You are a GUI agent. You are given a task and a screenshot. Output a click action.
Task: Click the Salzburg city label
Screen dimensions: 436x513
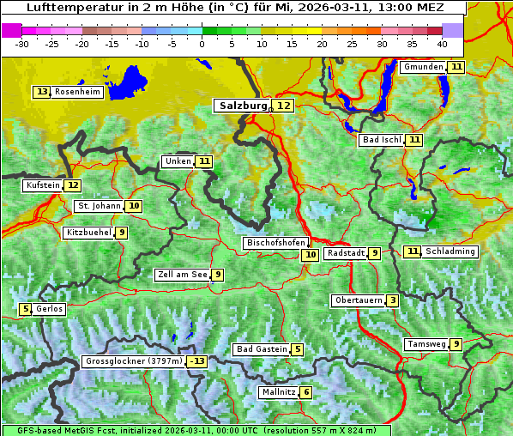(x=240, y=106)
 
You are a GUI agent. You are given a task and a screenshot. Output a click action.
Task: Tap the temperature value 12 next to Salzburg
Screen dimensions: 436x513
(x=283, y=106)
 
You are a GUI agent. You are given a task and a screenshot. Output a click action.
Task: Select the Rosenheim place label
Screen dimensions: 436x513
(x=77, y=92)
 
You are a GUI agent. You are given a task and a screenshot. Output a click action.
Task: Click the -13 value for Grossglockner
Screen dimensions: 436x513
(x=197, y=361)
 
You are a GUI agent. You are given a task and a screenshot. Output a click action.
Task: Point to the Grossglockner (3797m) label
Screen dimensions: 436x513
(x=134, y=361)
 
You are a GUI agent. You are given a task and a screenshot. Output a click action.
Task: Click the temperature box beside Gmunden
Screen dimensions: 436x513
(x=456, y=67)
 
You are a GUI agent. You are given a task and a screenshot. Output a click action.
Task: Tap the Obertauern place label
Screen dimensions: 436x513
(x=358, y=300)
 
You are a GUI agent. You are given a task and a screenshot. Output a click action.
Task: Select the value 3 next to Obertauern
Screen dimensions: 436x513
(x=392, y=300)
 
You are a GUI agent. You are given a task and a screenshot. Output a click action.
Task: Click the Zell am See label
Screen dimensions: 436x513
(x=183, y=275)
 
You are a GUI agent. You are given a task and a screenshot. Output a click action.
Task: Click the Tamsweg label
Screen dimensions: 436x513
(x=426, y=344)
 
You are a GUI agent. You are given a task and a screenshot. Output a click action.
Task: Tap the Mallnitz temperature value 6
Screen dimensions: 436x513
(x=306, y=392)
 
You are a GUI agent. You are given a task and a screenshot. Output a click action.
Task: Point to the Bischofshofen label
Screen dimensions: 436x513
(x=275, y=243)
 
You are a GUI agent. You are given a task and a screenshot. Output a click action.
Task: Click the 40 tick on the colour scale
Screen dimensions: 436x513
(x=442, y=43)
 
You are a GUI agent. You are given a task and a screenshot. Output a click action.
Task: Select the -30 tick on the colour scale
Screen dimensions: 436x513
(x=22, y=43)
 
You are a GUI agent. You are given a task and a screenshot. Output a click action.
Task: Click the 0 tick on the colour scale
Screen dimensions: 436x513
(x=202, y=43)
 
